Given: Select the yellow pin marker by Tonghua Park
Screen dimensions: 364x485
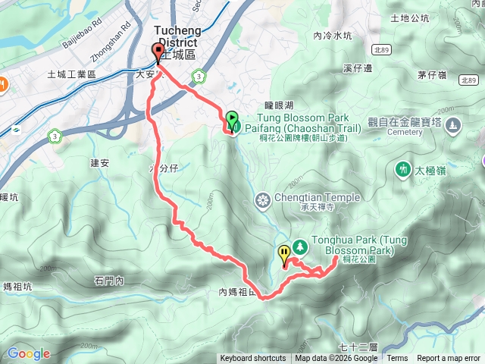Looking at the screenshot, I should pos(284,253).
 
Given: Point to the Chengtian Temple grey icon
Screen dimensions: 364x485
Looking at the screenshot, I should pos(263,200).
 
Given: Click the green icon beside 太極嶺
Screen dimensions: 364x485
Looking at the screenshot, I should pos(402,168).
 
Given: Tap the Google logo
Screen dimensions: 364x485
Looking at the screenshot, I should pos(29,353).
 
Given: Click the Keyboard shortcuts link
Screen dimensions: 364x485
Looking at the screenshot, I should pos(253,359).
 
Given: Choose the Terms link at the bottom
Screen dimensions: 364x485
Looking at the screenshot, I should pos(397,359).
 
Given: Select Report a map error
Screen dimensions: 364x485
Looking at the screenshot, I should pos(449,359).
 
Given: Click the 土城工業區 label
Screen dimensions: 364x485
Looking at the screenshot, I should pos(71,74).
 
